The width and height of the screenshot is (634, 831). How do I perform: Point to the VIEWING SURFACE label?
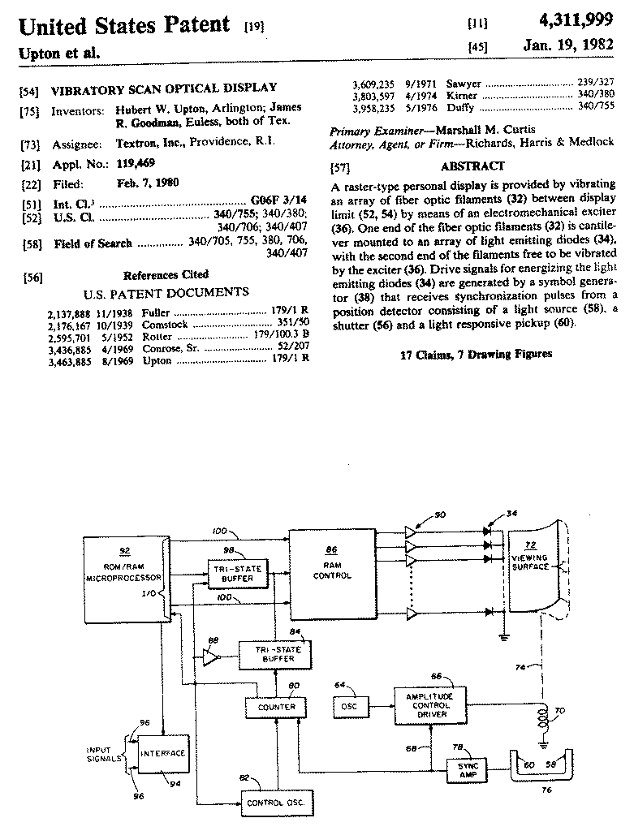[x=530, y=564]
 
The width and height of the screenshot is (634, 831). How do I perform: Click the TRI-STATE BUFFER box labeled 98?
[x=236, y=574]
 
